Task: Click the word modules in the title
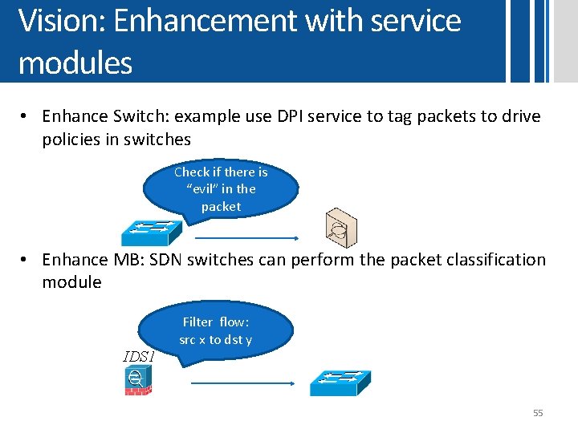pos(75,62)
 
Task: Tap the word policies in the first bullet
pos(76,140)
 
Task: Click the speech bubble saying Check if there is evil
pos(221,189)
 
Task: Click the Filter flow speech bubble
pos(215,330)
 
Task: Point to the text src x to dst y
pos(215,339)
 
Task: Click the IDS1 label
pos(138,356)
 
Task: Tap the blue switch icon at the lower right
pos(341,382)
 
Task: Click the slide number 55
pos(538,413)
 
